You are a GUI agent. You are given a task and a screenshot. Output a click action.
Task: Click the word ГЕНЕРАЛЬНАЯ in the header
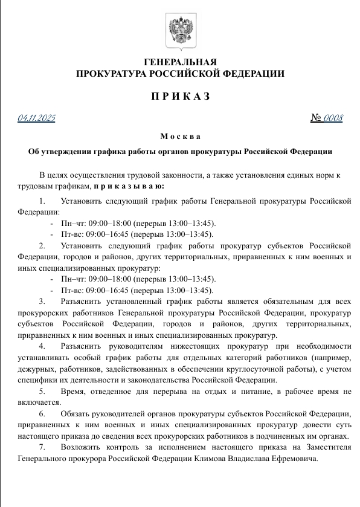pyautogui.click(x=180, y=62)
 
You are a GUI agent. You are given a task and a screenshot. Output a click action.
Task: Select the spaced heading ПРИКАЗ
pyautogui.click(x=180, y=97)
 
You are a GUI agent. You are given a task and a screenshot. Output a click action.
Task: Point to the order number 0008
pyautogui.click(x=333, y=117)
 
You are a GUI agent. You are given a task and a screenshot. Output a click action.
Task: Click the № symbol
pyautogui.click(x=315, y=117)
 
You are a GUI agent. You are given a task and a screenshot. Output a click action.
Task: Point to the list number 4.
pyautogui.click(x=42, y=346)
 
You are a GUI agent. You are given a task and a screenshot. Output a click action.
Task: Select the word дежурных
pyautogui.click(x=36, y=369)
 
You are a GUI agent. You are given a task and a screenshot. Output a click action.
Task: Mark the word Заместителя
pyautogui.click(x=326, y=448)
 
